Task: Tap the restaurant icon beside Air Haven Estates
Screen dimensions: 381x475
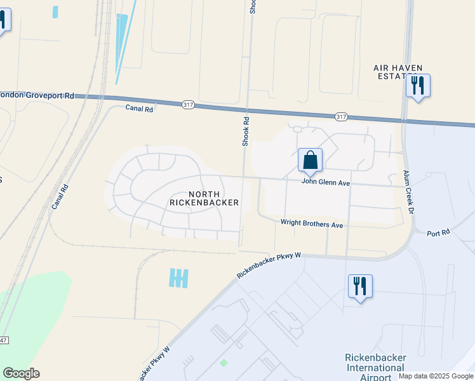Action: pos(418,85)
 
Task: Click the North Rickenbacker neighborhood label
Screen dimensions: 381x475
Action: pos(204,198)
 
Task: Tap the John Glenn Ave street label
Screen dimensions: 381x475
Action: pos(326,183)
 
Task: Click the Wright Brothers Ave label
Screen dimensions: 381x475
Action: pos(312,225)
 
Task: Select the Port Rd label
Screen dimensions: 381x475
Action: pos(438,233)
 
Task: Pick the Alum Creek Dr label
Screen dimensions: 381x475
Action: pos(408,192)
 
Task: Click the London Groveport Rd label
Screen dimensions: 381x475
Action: pos(37,95)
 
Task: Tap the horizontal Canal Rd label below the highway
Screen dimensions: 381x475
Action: pos(140,109)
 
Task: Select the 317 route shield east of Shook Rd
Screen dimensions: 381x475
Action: pos(341,116)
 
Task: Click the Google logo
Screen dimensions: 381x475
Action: pos(21,373)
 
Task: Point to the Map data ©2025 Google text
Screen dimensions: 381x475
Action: pos(436,376)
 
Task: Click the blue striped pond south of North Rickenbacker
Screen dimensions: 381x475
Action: pos(179,277)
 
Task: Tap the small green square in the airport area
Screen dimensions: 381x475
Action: pos(224,363)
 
